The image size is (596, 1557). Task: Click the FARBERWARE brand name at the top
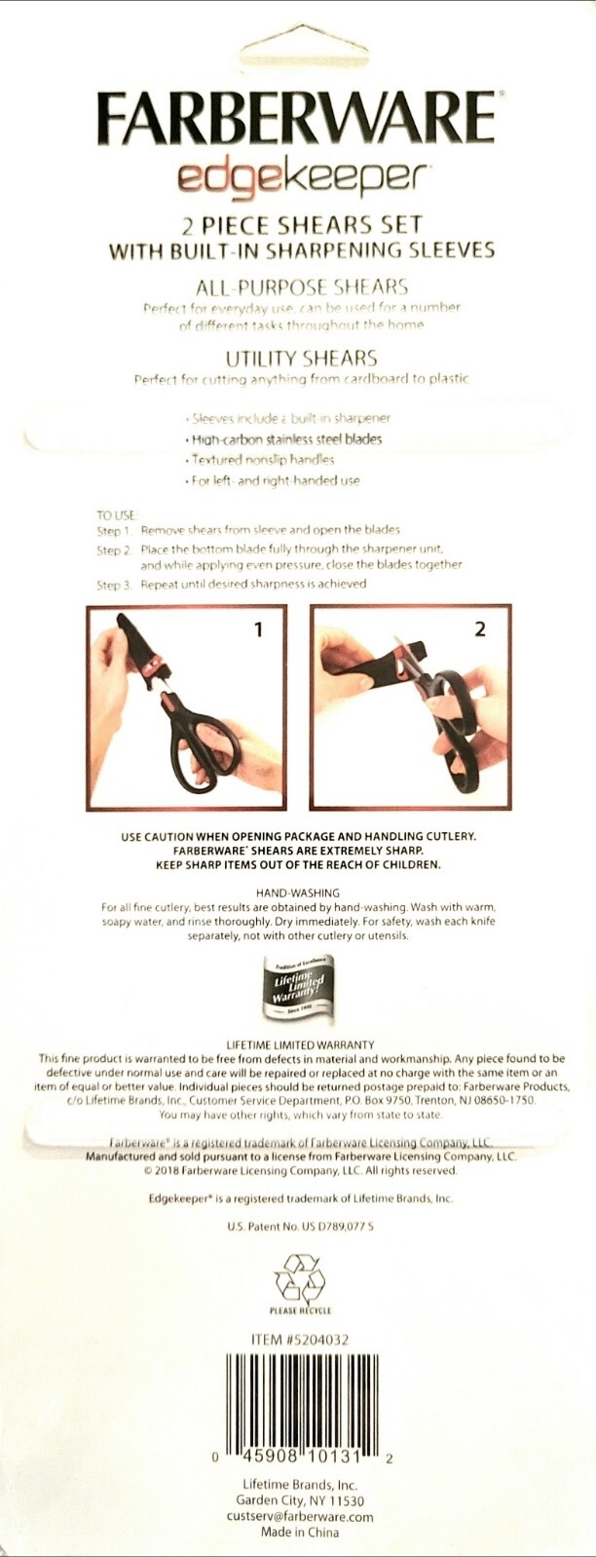tap(297, 119)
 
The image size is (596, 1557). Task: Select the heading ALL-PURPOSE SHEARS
tap(301, 287)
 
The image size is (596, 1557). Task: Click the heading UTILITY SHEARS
tap(301, 359)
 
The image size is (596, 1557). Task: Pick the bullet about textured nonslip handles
tap(262, 460)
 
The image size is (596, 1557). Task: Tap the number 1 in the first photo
tap(258, 630)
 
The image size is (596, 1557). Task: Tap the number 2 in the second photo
tap(479, 630)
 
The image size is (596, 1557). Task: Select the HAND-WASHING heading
tap(298, 892)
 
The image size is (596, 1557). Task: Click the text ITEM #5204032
tap(299, 1340)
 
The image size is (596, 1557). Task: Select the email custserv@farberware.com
tap(299, 1517)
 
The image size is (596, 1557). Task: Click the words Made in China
tap(299, 1533)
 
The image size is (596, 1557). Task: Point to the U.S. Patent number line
tap(299, 1227)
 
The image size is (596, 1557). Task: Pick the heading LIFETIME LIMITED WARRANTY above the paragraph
tap(299, 1044)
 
